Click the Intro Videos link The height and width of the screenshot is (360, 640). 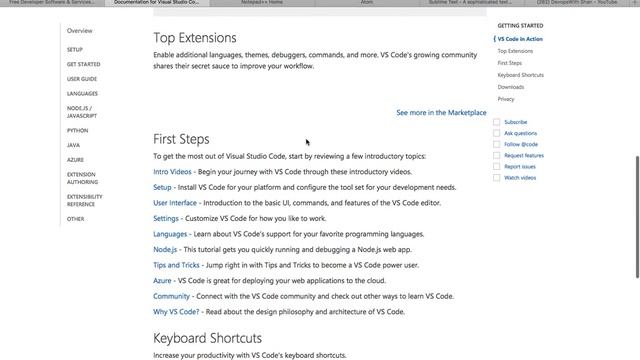[x=172, y=172]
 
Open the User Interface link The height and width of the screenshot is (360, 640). [x=175, y=203]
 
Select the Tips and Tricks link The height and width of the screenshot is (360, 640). [x=176, y=265]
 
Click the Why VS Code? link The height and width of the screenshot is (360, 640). [x=176, y=312]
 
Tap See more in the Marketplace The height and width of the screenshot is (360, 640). [x=441, y=113]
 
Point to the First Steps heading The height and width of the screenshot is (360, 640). [x=181, y=139]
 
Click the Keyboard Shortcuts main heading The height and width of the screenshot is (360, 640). [x=207, y=338]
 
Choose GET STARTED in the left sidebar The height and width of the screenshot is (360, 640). [x=83, y=64]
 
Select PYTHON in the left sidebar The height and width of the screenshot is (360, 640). [x=77, y=130]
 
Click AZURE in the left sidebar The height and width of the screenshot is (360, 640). [x=75, y=159]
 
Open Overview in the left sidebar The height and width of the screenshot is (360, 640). [x=80, y=31]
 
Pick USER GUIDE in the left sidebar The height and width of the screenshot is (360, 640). [x=82, y=78]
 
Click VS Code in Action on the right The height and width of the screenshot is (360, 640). [x=520, y=39]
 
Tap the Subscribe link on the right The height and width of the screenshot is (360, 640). [x=515, y=122]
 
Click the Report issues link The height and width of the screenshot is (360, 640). [x=520, y=167]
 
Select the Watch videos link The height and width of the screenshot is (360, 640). [x=520, y=178]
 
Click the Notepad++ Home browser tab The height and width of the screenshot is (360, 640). [x=262, y=3]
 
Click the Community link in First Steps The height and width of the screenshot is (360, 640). [x=171, y=296]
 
